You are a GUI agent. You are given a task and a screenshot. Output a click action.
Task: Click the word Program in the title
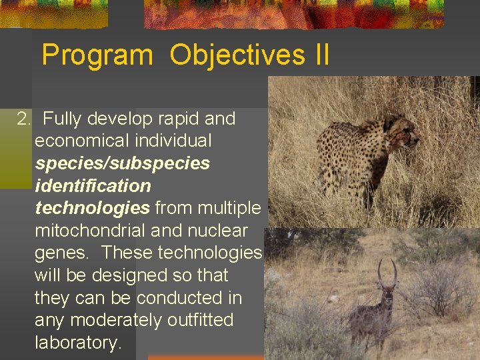coord(97,55)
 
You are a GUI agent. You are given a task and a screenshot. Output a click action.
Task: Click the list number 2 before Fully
coord(24,119)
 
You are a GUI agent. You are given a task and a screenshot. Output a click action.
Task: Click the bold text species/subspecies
coord(122,163)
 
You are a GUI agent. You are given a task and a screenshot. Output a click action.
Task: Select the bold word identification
coord(93,186)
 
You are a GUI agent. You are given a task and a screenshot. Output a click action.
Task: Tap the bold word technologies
coord(92,208)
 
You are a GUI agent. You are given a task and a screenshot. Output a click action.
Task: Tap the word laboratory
coord(76,343)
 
